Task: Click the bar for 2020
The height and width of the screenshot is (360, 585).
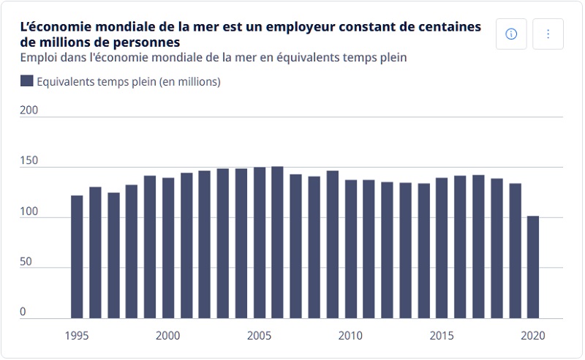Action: tap(533, 267)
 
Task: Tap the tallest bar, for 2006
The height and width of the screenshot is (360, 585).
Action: tap(278, 242)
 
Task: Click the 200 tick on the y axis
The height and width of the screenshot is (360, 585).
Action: tap(28, 110)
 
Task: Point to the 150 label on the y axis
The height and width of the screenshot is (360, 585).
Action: tap(28, 161)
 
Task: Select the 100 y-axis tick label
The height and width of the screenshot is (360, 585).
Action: tap(28, 211)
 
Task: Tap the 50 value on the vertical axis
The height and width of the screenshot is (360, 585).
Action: tap(26, 262)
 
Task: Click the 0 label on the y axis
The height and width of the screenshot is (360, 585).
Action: tap(23, 312)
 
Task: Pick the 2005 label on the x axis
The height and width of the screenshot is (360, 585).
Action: tap(260, 336)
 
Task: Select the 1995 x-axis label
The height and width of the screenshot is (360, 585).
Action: tap(77, 336)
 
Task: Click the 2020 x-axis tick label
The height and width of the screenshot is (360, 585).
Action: tap(533, 336)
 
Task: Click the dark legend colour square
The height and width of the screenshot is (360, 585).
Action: tap(27, 81)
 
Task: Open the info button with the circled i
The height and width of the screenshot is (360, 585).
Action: tap(511, 34)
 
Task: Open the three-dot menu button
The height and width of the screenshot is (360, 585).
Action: tap(548, 34)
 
